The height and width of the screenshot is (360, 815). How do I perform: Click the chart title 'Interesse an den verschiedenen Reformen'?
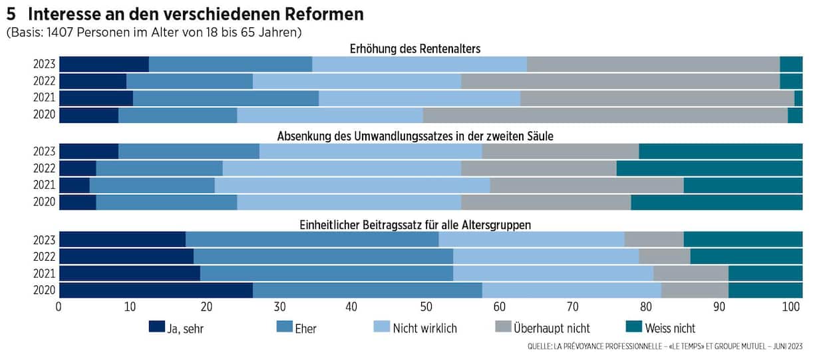(196, 13)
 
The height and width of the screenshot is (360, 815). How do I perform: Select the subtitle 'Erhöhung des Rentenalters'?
(414, 49)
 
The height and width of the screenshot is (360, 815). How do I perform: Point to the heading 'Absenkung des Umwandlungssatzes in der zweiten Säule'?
(414, 136)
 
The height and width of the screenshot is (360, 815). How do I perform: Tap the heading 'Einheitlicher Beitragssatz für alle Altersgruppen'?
(414, 224)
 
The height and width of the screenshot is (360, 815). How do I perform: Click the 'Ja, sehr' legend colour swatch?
(156, 327)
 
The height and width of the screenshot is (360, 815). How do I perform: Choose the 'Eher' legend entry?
(285, 327)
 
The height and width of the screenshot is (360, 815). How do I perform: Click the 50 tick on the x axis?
(426, 307)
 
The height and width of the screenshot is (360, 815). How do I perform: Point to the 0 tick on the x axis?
(60, 307)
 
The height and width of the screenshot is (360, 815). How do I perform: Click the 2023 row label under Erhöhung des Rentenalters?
(45, 65)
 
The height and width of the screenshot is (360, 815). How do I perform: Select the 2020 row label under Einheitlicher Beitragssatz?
(45, 291)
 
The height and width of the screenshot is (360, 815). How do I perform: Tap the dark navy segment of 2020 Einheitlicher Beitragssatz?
(156, 290)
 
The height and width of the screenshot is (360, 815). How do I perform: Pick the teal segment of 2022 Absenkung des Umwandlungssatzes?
(709, 168)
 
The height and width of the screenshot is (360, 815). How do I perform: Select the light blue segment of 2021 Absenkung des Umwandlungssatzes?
(352, 186)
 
